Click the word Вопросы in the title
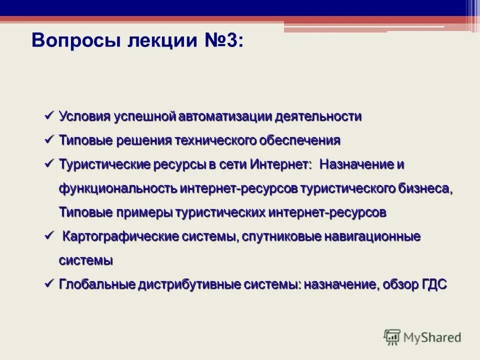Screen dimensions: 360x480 pyautogui.click(x=75, y=40)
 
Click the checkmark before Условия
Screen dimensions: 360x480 pyautogui.click(x=49, y=115)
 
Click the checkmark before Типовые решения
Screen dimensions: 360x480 pyautogui.click(x=49, y=139)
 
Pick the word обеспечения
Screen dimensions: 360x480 pyautogui.click(x=299, y=140)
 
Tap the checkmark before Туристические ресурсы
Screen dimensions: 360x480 pyautogui.click(x=49, y=163)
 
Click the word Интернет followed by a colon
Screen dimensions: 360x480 pyautogui.click(x=280, y=164)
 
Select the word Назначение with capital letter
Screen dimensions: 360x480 pyautogui.click(x=355, y=164)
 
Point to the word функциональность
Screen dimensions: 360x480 pyautogui.click(x=118, y=188)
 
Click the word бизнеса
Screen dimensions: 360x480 pyautogui.click(x=425, y=188)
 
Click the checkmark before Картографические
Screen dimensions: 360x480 pyautogui.click(x=49, y=235)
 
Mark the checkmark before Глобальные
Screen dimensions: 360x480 pyautogui.click(x=49, y=283)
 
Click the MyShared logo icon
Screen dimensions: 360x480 pyautogui.click(x=392, y=337)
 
